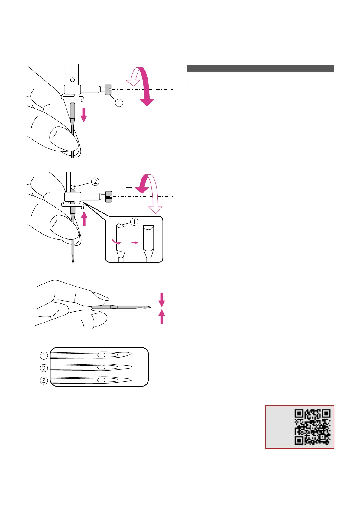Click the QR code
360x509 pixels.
312,427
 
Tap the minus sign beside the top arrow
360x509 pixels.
161,99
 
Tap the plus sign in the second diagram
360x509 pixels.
129,188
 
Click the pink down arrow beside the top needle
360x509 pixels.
84,115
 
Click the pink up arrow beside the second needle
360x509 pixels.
84,219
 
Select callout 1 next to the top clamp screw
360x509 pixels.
119,103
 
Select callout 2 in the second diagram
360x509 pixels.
95,181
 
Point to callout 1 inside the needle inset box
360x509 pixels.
134,222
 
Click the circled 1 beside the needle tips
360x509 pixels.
44,355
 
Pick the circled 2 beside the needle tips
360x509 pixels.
44,368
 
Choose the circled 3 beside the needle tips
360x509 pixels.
44,380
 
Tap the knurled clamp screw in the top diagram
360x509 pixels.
108,89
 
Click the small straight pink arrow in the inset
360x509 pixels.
135,242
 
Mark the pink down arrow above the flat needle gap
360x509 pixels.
162,299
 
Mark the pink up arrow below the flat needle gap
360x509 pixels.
162,317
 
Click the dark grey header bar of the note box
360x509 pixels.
260,69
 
